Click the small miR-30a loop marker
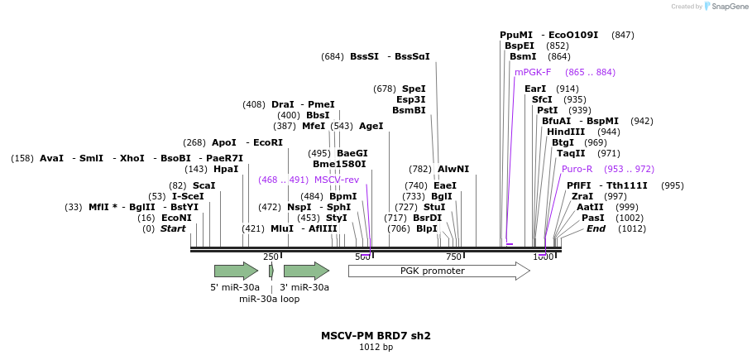pyautogui.click(x=271, y=271)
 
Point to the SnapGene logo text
pyautogui.click(x=730, y=6)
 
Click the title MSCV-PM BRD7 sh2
pyautogui.click(x=376, y=336)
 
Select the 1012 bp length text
pyautogui.click(x=376, y=348)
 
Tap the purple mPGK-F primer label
pyautogui.click(x=533, y=73)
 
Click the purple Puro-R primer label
pyautogui.click(x=577, y=169)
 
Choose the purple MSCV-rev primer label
pyautogui.click(x=337, y=180)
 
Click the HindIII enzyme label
pyautogui.click(x=566, y=132)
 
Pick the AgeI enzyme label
pyautogui.click(x=371, y=127)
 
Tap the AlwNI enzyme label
pyautogui.click(x=453, y=169)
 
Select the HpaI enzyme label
pyautogui.click(x=226, y=169)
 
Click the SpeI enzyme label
pyautogui.click(x=414, y=89)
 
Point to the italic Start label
pyautogui.click(x=173, y=228)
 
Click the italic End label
pyautogui.click(x=596, y=228)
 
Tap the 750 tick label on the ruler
pyautogui.click(x=453, y=257)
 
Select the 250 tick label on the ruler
pyautogui.click(x=271, y=257)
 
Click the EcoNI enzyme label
pyautogui.click(x=176, y=218)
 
